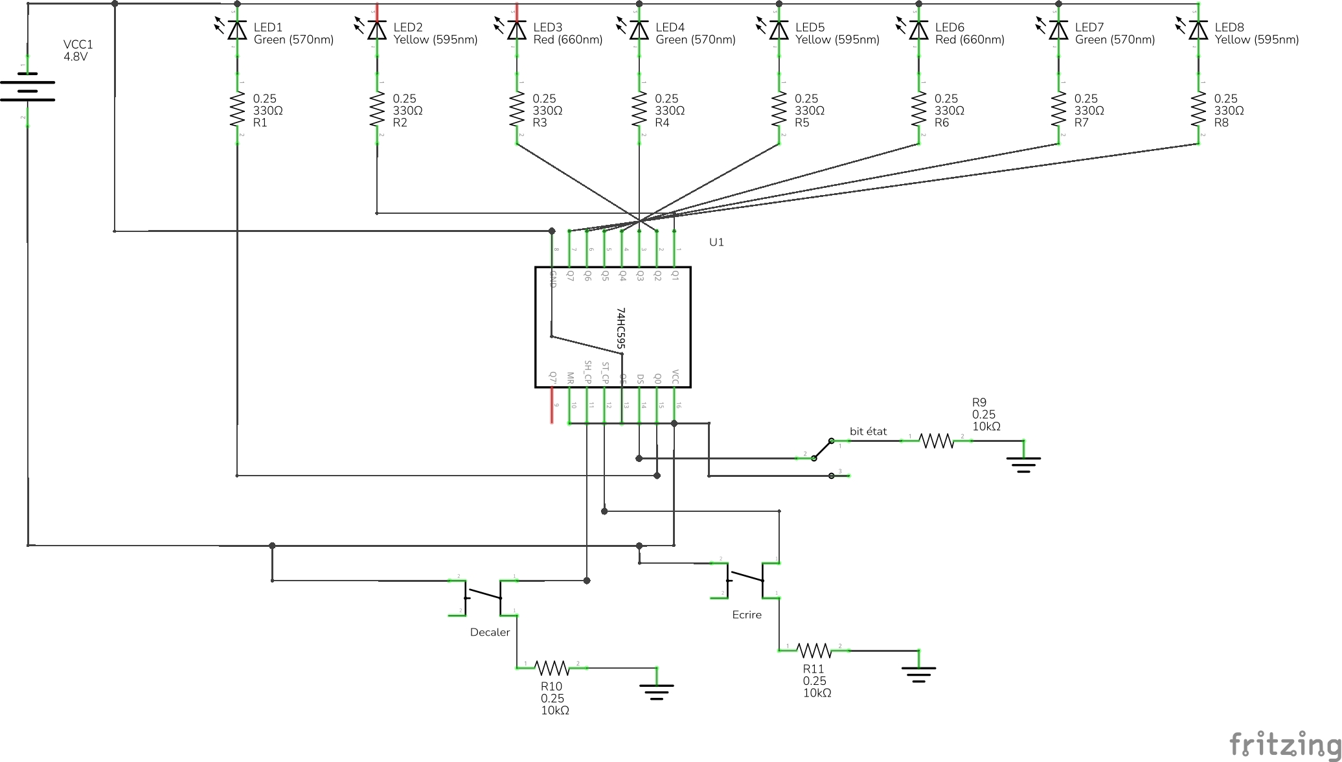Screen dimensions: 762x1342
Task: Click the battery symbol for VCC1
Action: (28, 87)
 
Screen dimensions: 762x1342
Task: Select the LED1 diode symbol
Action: (238, 30)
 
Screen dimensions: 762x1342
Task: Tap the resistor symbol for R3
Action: (517, 110)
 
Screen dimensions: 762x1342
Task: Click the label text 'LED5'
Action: (810, 27)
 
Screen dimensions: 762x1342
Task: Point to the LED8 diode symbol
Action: (1198, 30)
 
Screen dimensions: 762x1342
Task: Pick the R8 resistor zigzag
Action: (1198, 110)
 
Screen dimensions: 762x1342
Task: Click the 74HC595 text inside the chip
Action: (620, 329)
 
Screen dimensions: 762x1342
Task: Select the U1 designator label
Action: (716, 242)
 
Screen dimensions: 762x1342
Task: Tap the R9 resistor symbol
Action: (937, 441)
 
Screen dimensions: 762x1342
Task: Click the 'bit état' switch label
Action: (868, 432)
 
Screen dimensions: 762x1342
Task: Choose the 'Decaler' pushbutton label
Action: (490, 632)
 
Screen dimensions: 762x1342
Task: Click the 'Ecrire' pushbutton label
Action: (747, 615)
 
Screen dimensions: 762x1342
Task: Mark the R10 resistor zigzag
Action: (552, 668)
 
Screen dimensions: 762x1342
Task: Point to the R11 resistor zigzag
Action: (813, 650)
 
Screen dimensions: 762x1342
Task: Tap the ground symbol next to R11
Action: (918, 672)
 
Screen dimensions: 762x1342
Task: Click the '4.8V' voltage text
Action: (75, 57)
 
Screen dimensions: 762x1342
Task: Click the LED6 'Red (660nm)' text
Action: (970, 40)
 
